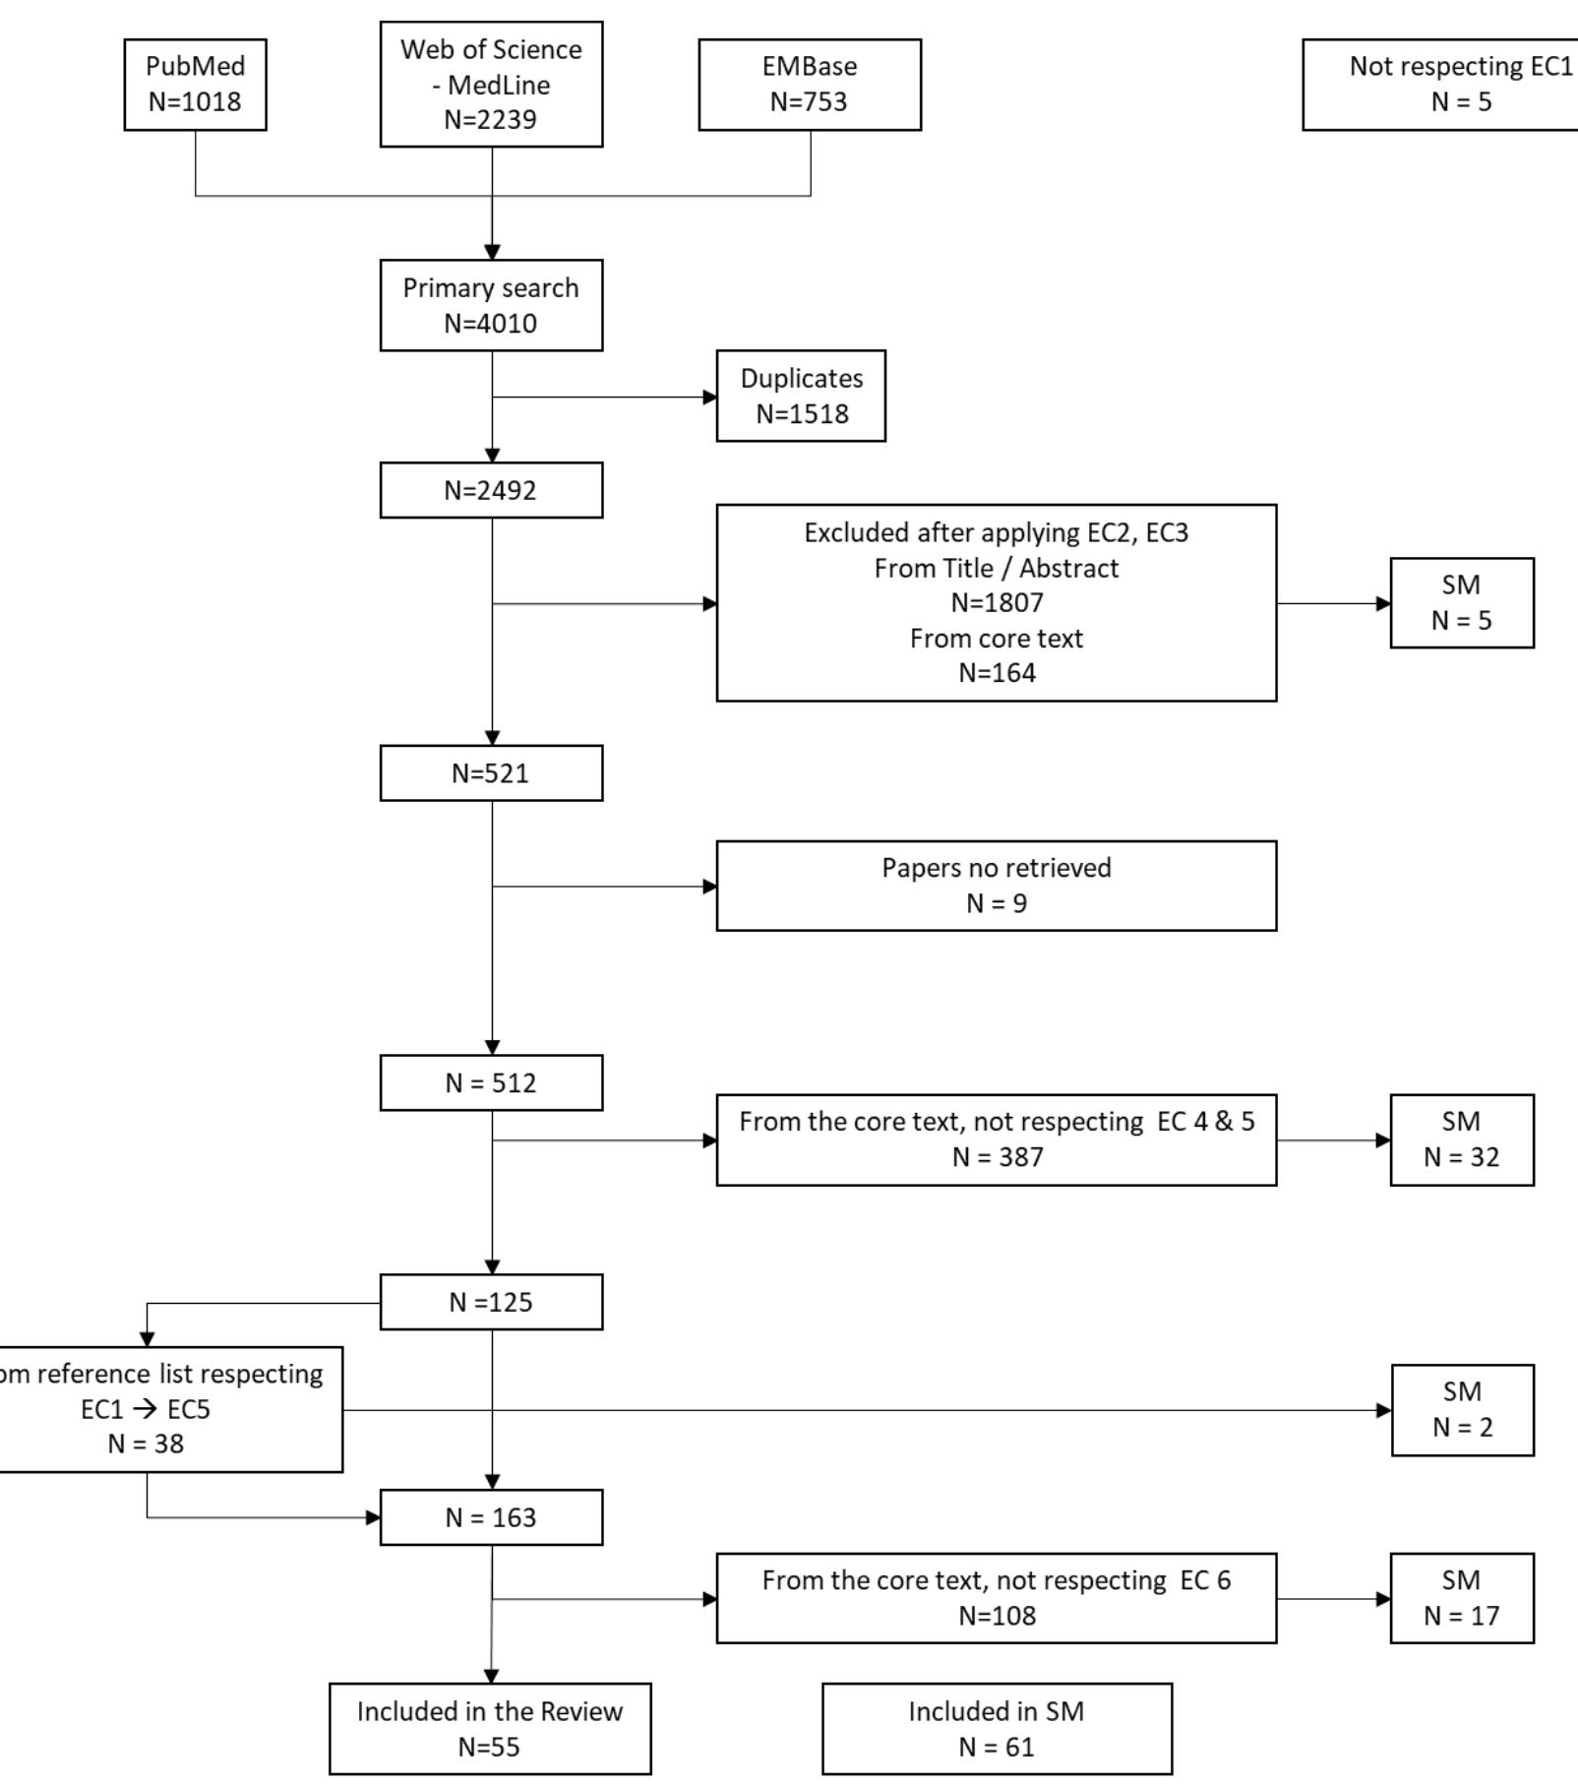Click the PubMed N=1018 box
195,85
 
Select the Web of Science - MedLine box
491,85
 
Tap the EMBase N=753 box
809,85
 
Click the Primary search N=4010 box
491,305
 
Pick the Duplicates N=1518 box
801,396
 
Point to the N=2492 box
491,490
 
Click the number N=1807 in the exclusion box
997,602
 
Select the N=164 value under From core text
997,673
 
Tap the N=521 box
491,773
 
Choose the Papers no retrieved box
996,886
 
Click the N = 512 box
491,1083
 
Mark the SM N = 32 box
1461,1139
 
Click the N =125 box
491,1302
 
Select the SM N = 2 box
1462,1410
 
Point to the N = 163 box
491,1517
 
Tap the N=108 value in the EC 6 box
997,1616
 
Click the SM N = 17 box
1461,1598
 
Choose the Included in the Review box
490,1729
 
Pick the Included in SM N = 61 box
997,1729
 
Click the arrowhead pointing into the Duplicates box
710,398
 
